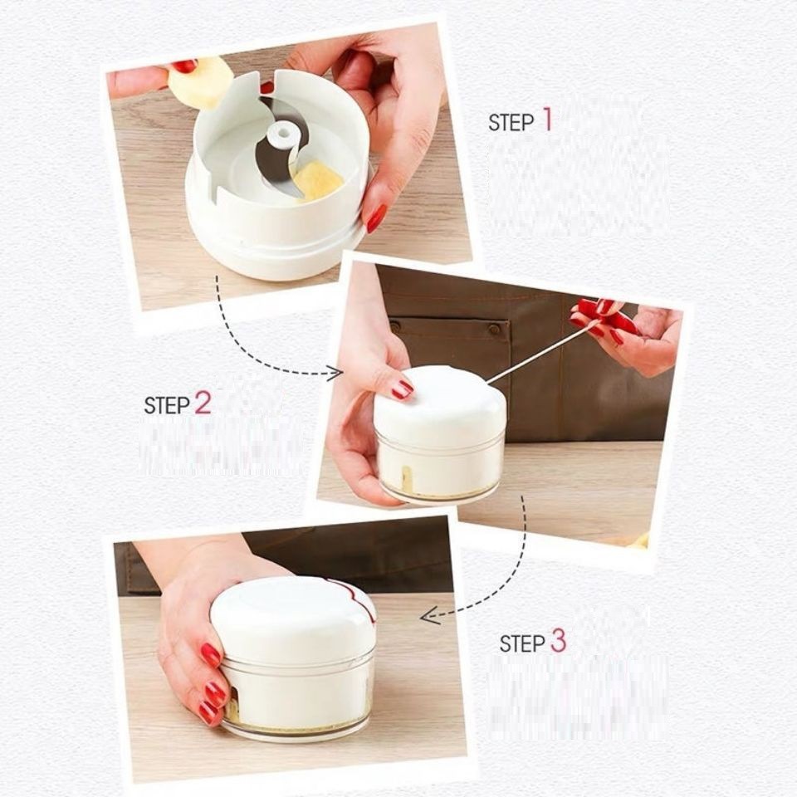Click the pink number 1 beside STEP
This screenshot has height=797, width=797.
tap(547, 119)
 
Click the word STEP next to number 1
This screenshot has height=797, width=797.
tap(511, 123)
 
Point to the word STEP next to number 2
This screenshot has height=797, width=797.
tap(167, 405)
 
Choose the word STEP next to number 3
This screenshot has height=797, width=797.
tap(522, 643)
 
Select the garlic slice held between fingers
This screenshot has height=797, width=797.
tap(198, 84)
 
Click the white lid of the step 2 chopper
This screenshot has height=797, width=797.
tap(440, 404)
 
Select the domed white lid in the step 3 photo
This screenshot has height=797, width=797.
tap(294, 620)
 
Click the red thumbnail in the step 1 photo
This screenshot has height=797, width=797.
tap(184, 66)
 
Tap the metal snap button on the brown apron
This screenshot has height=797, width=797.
tap(493, 330)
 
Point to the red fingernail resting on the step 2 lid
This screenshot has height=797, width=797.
tap(403, 389)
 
